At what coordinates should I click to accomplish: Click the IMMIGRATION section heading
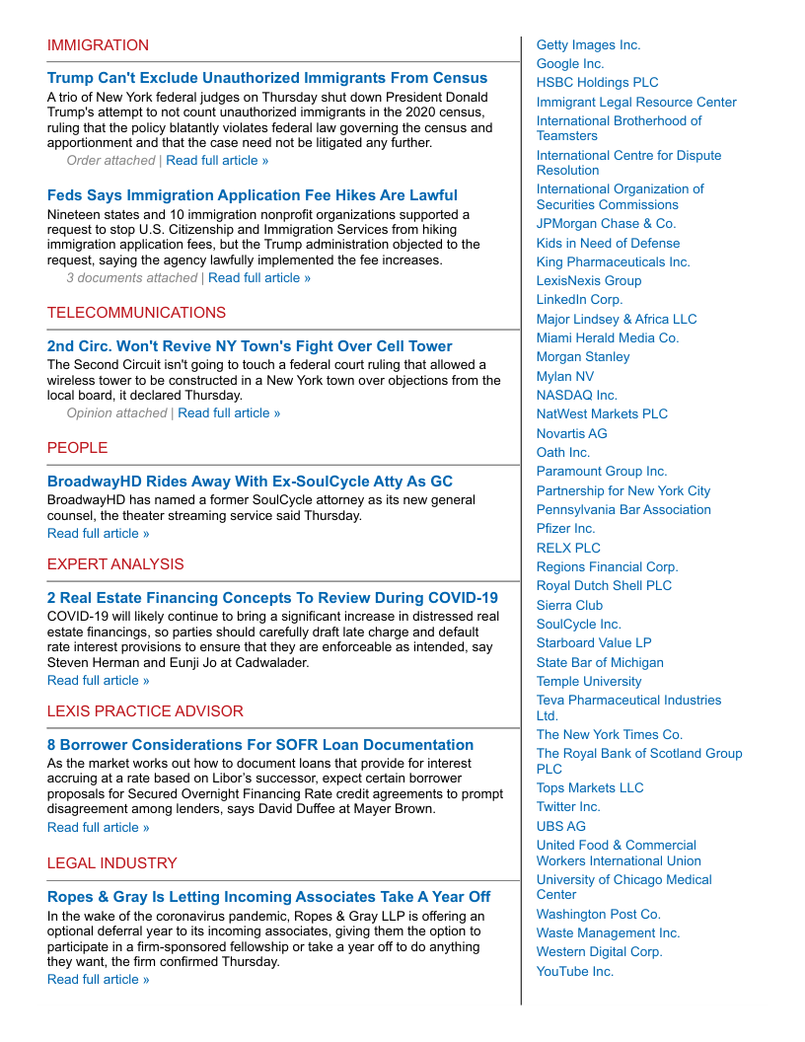[98, 45]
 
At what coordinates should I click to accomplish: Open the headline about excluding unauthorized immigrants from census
[266, 78]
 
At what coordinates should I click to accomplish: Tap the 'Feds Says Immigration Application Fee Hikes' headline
[252, 195]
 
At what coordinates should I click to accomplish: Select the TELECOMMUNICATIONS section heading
[136, 313]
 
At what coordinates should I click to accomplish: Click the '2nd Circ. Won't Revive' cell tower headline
[250, 346]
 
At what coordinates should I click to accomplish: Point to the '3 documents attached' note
[131, 278]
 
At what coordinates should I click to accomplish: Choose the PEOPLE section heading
[77, 448]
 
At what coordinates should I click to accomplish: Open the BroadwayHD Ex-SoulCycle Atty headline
[250, 482]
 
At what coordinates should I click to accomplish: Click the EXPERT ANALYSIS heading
[115, 564]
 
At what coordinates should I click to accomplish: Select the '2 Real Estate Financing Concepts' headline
[272, 598]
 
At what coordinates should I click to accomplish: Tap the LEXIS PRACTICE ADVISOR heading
[145, 711]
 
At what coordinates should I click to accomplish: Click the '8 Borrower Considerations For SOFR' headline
[260, 745]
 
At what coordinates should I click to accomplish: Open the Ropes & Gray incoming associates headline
[268, 897]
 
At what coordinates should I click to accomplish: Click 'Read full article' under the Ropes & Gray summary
[99, 980]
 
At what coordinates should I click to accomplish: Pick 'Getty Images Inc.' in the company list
[588, 45]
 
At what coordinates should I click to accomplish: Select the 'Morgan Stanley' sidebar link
[582, 357]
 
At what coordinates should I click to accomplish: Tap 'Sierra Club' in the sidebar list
[569, 606]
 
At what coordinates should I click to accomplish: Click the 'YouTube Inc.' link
[574, 972]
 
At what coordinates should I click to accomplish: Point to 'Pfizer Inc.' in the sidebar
[565, 529]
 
